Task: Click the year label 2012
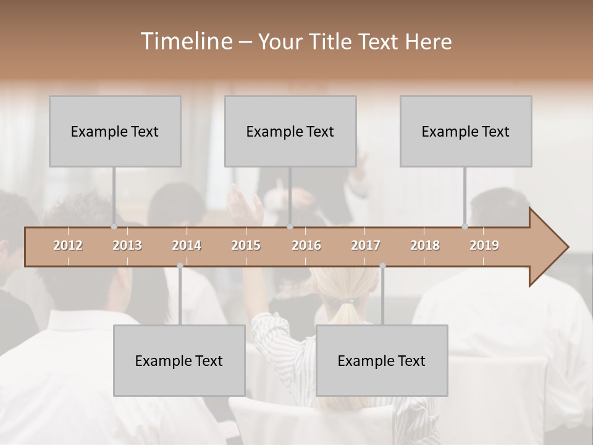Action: pyautogui.click(x=68, y=246)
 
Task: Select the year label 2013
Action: pyautogui.click(x=127, y=246)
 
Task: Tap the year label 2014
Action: pyautogui.click(x=187, y=246)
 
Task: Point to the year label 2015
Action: pyautogui.click(x=246, y=246)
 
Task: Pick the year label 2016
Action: pyautogui.click(x=306, y=246)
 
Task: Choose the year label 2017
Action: pyautogui.click(x=366, y=246)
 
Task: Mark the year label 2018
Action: pyautogui.click(x=425, y=246)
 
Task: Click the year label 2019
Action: pyautogui.click(x=484, y=246)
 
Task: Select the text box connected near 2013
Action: pyautogui.click(x=115, y=131)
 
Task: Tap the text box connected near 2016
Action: pyautogui.click(x=290, y=131)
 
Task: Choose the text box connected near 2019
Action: pyautogui.click(x=466, y=131)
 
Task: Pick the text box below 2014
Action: pyautogui.click(x=179, y=360)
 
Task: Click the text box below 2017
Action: pyautogui.click(x=382, y=360)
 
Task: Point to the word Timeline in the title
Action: pyautogui.click(x=185, y=41)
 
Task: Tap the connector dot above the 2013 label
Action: pyautogui.click(x=114, y=227)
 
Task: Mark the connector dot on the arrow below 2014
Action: pyautogui.click(x=180, y=266)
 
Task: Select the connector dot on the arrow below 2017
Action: pyautogui.click(x=382, y=266)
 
